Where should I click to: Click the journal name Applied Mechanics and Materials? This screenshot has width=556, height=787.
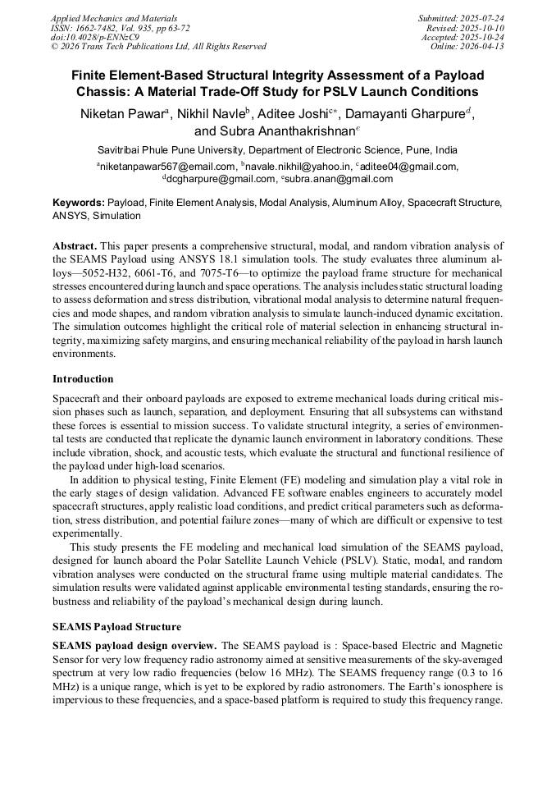point(113,18)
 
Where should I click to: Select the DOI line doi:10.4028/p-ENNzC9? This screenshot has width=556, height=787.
point(94,37)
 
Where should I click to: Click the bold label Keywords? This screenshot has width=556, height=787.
point(79,202)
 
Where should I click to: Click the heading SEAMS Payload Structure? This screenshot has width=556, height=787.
point(117,627)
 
